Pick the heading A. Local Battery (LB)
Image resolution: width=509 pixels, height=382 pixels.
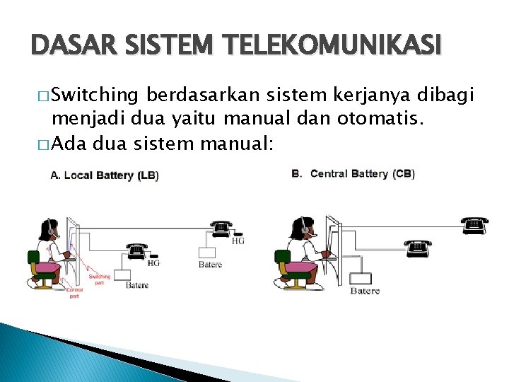pyautogui.click(x=105, y=175)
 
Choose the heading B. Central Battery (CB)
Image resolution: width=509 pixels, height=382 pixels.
pyautogui.click(x=353, y=173)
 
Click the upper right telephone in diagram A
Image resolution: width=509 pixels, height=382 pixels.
pyautogui.click(x=221, y=228)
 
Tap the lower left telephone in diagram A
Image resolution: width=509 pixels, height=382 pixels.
pyautogui.click(x=136, y=250)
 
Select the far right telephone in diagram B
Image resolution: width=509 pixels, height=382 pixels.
pyautogui.click(x=474, y=225)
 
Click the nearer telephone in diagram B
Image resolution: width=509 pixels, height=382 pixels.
pyautogui.click(x=418, y=247)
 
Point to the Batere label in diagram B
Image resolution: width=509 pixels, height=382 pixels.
pyautogui.click(x=365, y=291)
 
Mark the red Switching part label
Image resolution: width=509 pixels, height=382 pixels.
pyautogui.click(x=100, y=279)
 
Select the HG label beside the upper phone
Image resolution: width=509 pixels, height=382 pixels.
pyautogui.click(x=238, y=241)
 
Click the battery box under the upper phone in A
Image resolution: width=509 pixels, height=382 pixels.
pyautogui.click(x=208, y=253)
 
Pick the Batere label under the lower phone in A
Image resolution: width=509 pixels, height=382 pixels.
pyautogui.click(x=137, y=285)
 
